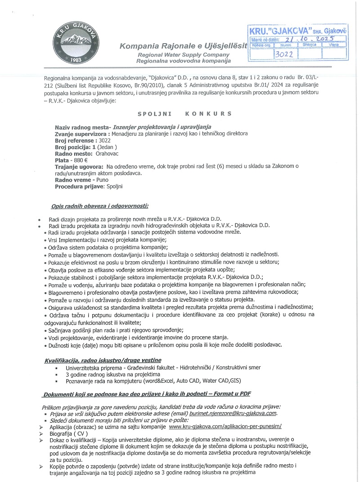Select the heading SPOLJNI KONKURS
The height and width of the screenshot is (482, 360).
(184, 114)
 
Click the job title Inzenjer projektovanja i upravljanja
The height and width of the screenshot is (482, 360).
(162, 127)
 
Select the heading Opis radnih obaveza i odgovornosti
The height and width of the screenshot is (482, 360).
(99, 206)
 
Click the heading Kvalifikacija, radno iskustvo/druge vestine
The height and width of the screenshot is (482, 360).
(103, 360)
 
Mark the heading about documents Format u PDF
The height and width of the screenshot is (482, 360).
(147, 394)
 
